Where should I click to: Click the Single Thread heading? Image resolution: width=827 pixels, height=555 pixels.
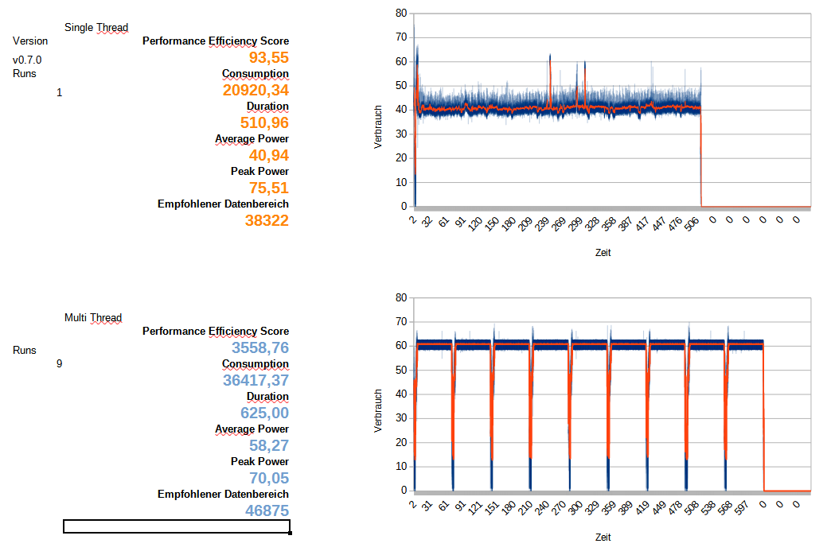point(96,28)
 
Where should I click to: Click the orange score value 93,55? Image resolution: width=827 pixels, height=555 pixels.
point(268,57)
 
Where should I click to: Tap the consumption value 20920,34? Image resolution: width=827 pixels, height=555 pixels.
point(256,91)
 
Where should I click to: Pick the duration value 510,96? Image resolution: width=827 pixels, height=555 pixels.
point(264,122)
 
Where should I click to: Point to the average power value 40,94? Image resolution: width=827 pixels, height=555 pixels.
point(268,155)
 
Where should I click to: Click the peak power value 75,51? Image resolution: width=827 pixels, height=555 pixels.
point(268,188)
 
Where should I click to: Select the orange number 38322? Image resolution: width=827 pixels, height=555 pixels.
point(267,220)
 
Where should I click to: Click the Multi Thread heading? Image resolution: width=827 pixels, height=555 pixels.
point(93,318)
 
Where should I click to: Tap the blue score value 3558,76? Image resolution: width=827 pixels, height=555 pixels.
point(260,348)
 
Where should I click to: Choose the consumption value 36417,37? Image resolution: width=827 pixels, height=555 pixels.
point(256,381)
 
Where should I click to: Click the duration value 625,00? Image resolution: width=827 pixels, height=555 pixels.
point(264,413)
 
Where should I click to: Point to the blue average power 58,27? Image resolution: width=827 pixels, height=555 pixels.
point(268,446)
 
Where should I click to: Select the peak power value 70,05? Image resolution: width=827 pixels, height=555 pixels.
point(268,478)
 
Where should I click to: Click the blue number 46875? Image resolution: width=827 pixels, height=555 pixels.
point(267,510)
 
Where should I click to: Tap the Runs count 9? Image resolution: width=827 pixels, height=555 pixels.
point(59,363)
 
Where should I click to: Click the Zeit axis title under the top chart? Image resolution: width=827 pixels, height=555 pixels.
point(603,253)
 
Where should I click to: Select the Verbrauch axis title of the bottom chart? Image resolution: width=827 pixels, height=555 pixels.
point(379,410)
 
